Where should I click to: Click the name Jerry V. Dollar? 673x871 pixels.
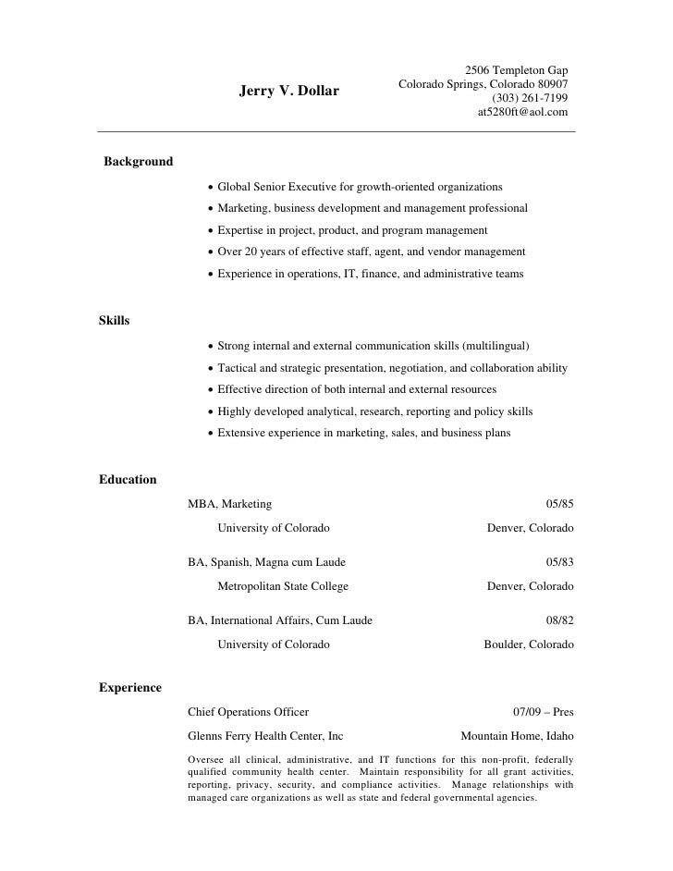[x=289, y=92]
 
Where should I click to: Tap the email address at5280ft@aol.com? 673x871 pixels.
[x=522, y=113]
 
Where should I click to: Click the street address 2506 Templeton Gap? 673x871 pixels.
[x=516, y=69]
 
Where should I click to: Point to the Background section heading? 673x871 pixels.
[x=139, y=162]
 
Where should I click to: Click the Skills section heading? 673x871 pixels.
[x=114, y=321]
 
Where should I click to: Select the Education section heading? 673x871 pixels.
[x=128, y=480]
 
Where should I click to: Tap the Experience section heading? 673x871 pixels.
[x=130, y=688]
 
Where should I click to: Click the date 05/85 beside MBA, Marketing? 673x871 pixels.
[x=559, y=504]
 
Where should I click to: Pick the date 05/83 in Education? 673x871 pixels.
[x=559, y=562]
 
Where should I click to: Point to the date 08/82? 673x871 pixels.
[x=559, y=620]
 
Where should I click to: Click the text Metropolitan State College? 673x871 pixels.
[x=283, y=586]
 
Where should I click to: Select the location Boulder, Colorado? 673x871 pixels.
[x=529, y=644]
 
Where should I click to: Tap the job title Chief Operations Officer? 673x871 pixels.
[x=248, y=712]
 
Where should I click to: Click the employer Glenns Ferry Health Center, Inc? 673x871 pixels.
[x=265, y=736]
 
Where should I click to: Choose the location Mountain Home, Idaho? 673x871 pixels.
[x=517, y=736]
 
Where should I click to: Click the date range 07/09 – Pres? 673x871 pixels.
[x=543, y=712]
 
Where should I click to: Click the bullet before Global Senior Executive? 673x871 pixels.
[x=212, y=187]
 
